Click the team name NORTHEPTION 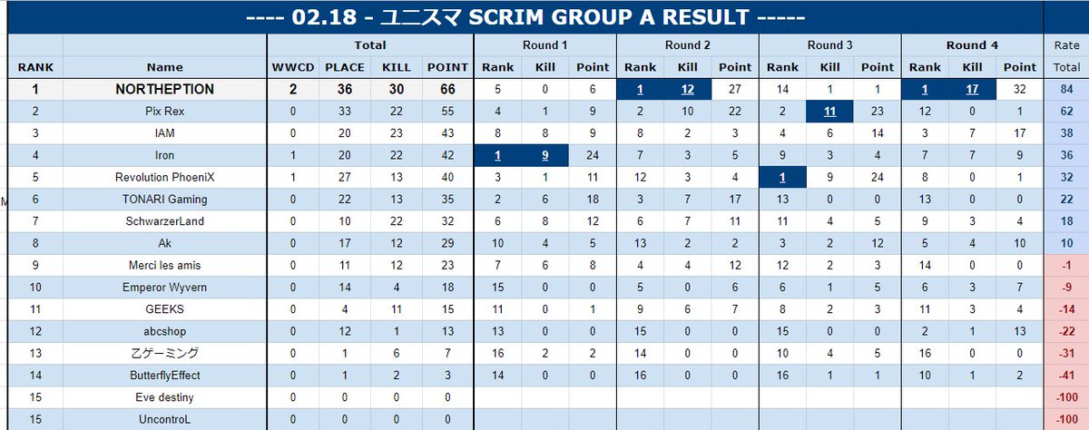165,90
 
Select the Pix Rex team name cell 165,112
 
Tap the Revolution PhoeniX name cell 165,177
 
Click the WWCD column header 292,67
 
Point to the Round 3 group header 829,45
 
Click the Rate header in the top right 1066,45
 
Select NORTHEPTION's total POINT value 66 447,90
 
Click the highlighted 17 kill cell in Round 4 972,90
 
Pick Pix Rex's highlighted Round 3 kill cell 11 829,112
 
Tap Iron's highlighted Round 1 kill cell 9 545,155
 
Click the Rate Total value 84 1066,90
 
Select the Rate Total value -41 1066,375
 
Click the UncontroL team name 165,419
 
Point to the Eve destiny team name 165,397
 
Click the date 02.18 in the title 324,17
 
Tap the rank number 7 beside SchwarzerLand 35,221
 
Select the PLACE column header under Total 345,67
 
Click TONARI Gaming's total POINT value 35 447,200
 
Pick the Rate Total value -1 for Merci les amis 1066,265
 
